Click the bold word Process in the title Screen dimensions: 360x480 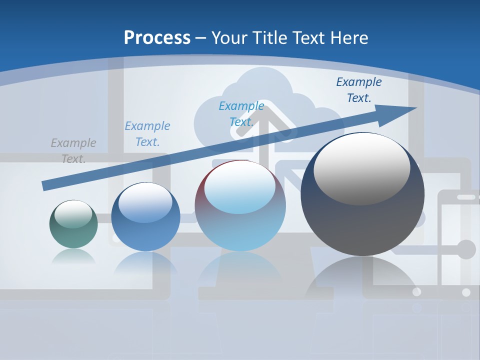157,38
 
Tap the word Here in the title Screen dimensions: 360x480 349,38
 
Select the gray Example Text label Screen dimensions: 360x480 73,150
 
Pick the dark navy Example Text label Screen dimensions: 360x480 358,90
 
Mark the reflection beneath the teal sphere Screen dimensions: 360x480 73,257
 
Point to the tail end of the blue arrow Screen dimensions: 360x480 44,185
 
